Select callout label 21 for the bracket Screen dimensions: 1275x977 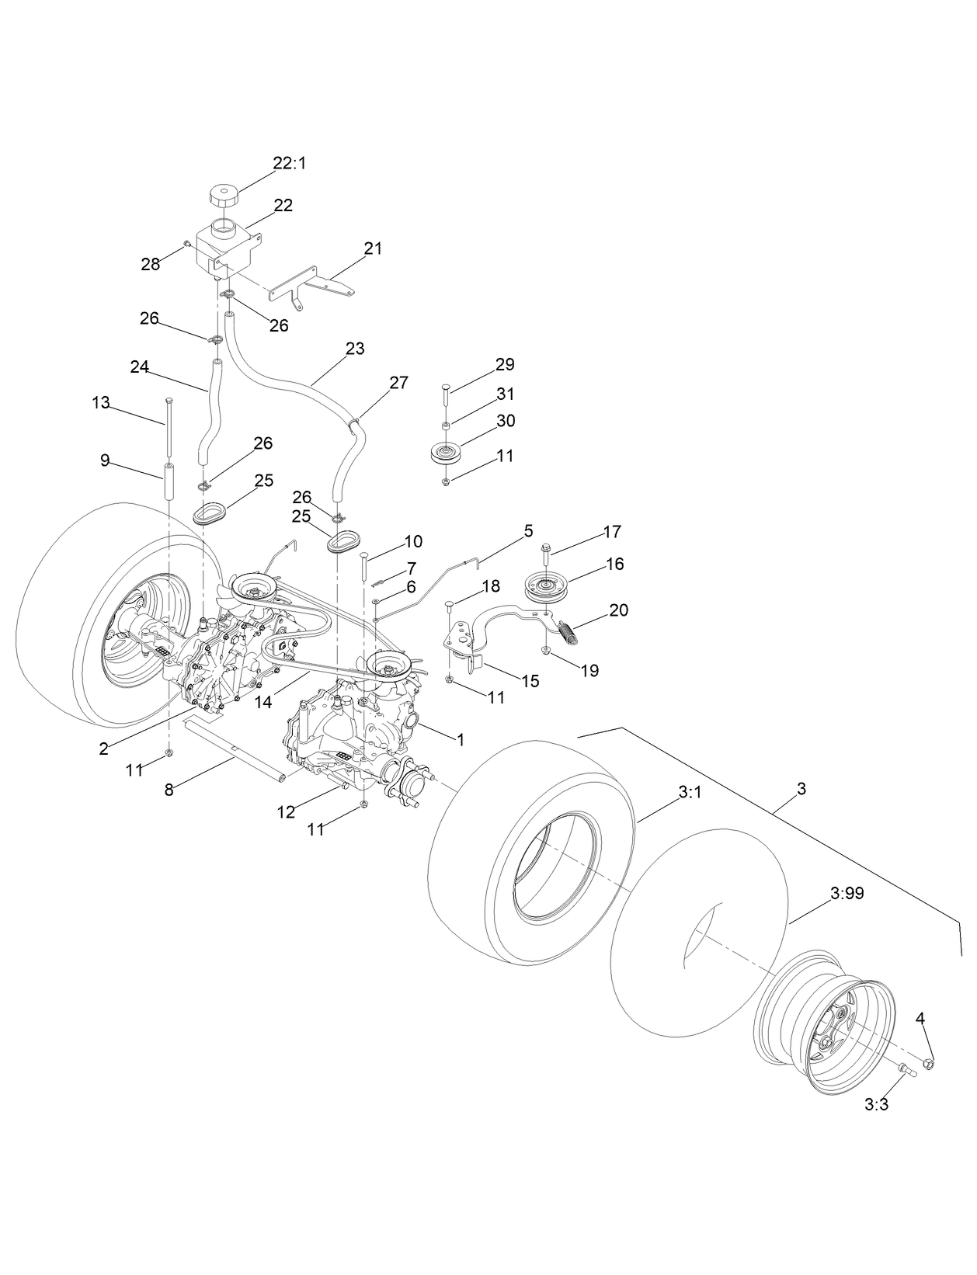(x=374, y=248)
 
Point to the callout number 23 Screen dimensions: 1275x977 (x=355, y=349)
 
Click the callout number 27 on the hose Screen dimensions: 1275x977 (x=398, y=382)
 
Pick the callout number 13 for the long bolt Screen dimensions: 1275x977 (x=101, y=402)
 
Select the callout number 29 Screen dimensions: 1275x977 (x=505, y=364)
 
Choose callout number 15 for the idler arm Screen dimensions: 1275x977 (x=530, y=681)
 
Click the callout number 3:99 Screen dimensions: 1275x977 (x=847, y=894)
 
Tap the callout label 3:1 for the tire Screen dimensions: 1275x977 (x=690, y=793)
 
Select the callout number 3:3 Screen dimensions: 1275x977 (x=876, y=1104)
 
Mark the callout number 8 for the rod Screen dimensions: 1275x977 (x=170, y=790)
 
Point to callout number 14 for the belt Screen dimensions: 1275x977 (x=264, y=703)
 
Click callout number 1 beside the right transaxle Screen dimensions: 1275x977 (x=461, y=740)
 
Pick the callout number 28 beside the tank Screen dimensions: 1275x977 (x=150, y=264)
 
